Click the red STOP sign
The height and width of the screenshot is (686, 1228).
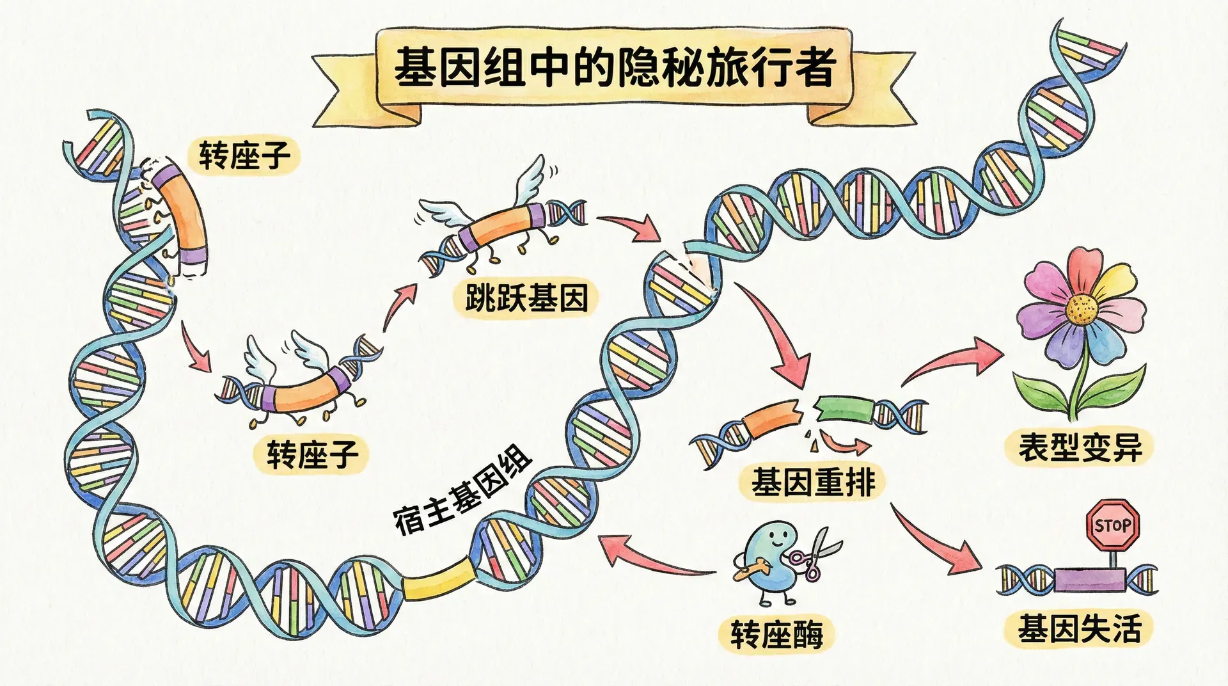click(x=1114, y=525)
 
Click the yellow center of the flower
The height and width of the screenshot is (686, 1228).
click(x=1082, y=308)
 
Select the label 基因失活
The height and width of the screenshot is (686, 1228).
click(x=1080, y=628)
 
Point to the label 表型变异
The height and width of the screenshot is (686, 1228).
click(x=1080, y=447)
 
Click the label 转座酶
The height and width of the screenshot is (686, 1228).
click(x=776, y=634)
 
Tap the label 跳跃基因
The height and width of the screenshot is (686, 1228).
click(x=526, y=298)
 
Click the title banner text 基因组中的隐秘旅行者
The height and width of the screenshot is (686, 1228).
click(x=614, y=68)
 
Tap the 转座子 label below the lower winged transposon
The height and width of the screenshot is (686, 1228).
click(x=312, y=454)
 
